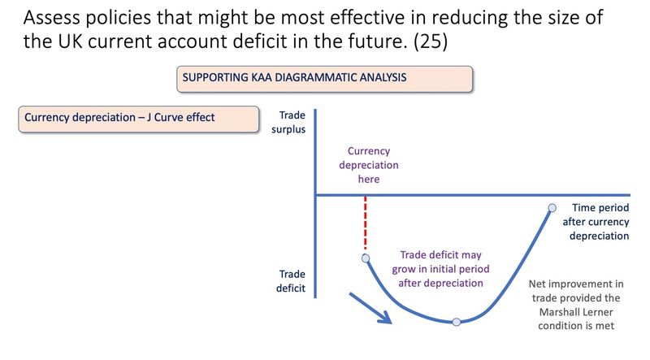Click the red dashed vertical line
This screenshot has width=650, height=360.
tap(366, 223)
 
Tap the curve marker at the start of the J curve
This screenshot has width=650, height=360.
tap(366, 258)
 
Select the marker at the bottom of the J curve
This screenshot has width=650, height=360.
tap(457, 322)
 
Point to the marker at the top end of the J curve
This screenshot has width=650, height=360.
tap(552, 208)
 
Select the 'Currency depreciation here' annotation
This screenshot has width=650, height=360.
tap(368, 165)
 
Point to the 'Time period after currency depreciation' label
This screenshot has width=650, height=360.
tap(600, 222)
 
